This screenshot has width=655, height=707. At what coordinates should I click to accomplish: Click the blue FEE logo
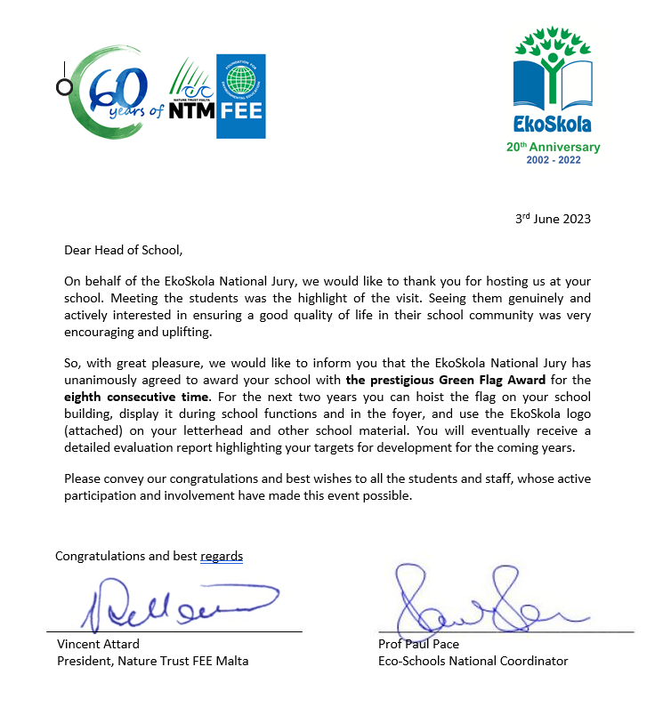point(241,96)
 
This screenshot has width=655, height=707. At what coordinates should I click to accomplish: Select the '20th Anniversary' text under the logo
point(553,148)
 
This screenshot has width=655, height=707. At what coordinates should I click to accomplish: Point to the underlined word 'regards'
point(222,557)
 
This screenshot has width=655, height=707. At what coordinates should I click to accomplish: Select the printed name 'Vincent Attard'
point(98,644)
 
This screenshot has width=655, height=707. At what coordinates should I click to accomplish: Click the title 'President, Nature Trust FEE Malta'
point(153,661)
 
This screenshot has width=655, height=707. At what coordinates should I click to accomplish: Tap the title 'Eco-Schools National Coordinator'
point(473,661)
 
